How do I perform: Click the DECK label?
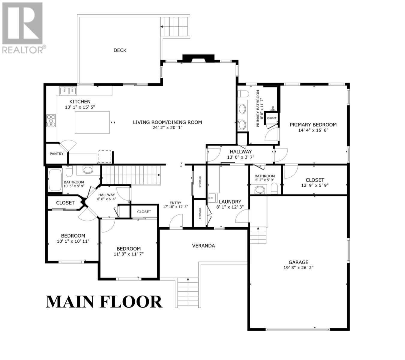(120, 50)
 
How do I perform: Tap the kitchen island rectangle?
(92, 122)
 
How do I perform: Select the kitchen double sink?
(68, 90)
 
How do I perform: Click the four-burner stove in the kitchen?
(51, 120)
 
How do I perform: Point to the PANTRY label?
(56, 154)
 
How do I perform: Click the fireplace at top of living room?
(198, 58)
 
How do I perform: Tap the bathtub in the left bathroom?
(55, 180)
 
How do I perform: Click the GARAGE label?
(298, 262)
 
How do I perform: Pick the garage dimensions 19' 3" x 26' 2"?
(298, 268)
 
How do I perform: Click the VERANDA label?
(203, 246)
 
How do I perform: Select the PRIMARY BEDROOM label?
(313, 125)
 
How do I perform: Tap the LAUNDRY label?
(230, 202)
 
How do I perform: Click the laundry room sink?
(212, 197)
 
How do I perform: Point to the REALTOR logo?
(23, 28)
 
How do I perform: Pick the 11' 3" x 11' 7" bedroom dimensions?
(128, 254)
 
